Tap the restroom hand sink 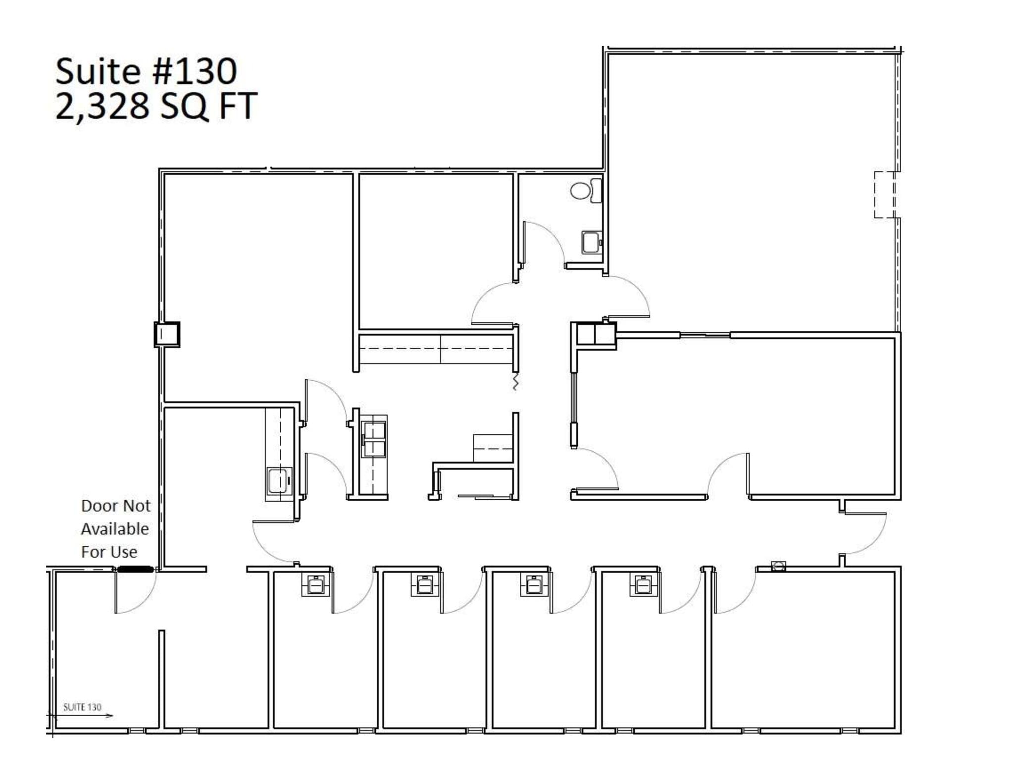coord(591,242)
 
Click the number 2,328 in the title coord(102,106)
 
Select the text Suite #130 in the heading coord(146,71)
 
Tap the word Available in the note coord(115,529)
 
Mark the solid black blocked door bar coord(135,570)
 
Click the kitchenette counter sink coord(279,481)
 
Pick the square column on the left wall coord(167,334)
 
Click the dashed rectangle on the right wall coord(884,195)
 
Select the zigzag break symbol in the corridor coord(515,383)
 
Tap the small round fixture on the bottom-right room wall coord(778,566)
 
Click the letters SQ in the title coord(184,106)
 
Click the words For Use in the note coord(109,552)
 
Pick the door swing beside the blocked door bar coord(136,594)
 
